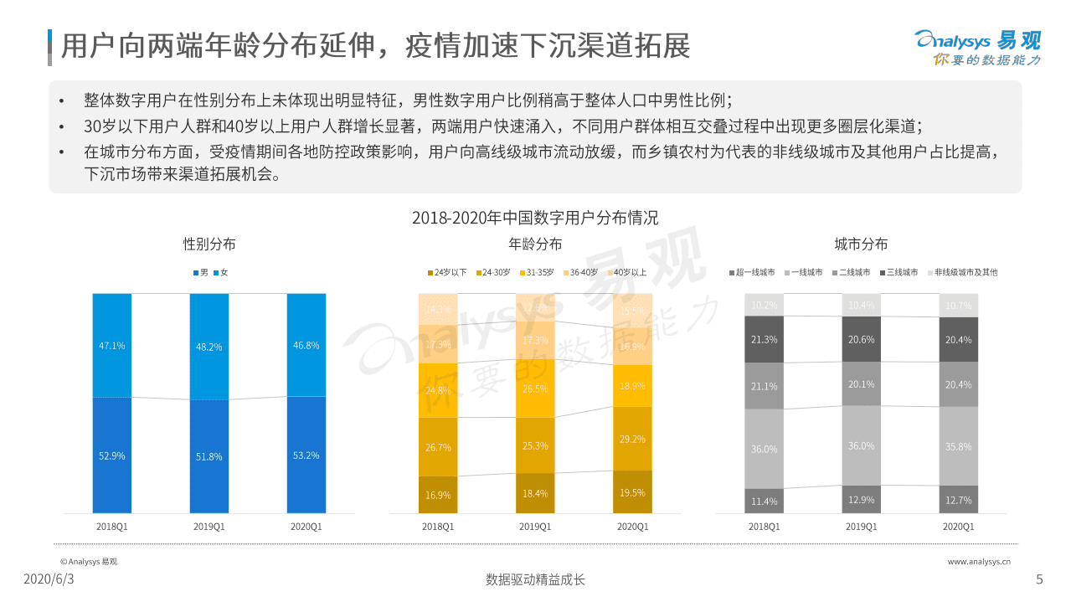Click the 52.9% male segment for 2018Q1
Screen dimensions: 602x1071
[x=111, y=455]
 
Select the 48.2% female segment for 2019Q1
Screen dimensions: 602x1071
[x=209, y=346]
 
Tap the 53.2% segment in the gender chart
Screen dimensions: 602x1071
[x=306, y=455]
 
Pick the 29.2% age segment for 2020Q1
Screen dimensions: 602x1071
[x=631, y=439]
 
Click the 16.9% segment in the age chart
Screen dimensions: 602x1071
[x=438, y=495]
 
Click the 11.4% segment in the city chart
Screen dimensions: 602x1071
[x=764, y=501]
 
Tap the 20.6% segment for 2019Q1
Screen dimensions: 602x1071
[x=861, y=340]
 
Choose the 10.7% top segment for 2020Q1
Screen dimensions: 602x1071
[x=958, y=306]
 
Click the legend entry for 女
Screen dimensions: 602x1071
[x=220, y=273]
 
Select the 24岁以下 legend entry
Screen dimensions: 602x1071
[x=448, y=273]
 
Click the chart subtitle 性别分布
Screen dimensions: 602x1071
[x=209, y=244]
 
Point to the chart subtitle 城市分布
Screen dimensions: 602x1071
[x=861, y=244]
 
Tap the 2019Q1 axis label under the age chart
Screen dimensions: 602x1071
[x=534, y=527]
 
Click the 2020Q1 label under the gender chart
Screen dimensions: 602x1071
[x=306, y=527]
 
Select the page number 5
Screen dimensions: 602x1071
[x=1039, y=579]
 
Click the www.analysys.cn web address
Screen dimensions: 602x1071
[x=978, y=562]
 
